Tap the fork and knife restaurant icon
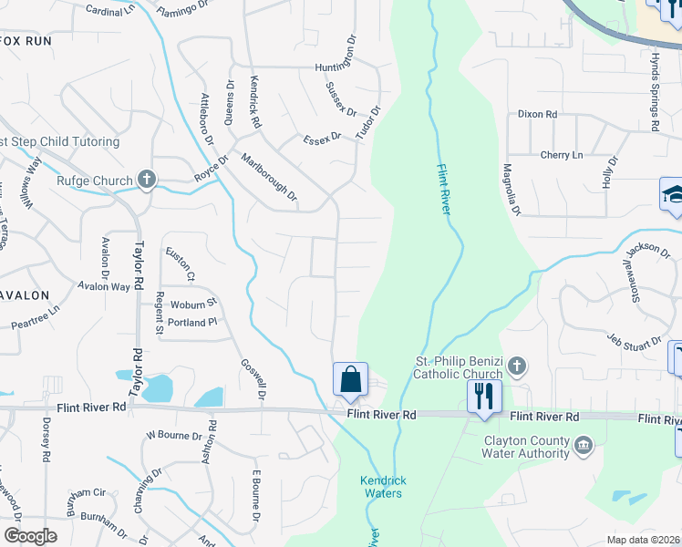click(x=483, y=397)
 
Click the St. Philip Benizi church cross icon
click(x=516, y=366)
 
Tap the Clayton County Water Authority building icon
click(x=584, y=446)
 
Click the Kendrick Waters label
click(x=379, y=487)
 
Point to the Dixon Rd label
click(x=536, y=115)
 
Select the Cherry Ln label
click(x=561, y=155)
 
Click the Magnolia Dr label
click(x=511, y=190)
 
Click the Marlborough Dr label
click(x=270, y=177)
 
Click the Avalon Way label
click(x=103, y=286)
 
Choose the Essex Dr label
click(x=322, y=138)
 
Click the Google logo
click(x=30, y=536)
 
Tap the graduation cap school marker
click(x=673, y=195)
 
